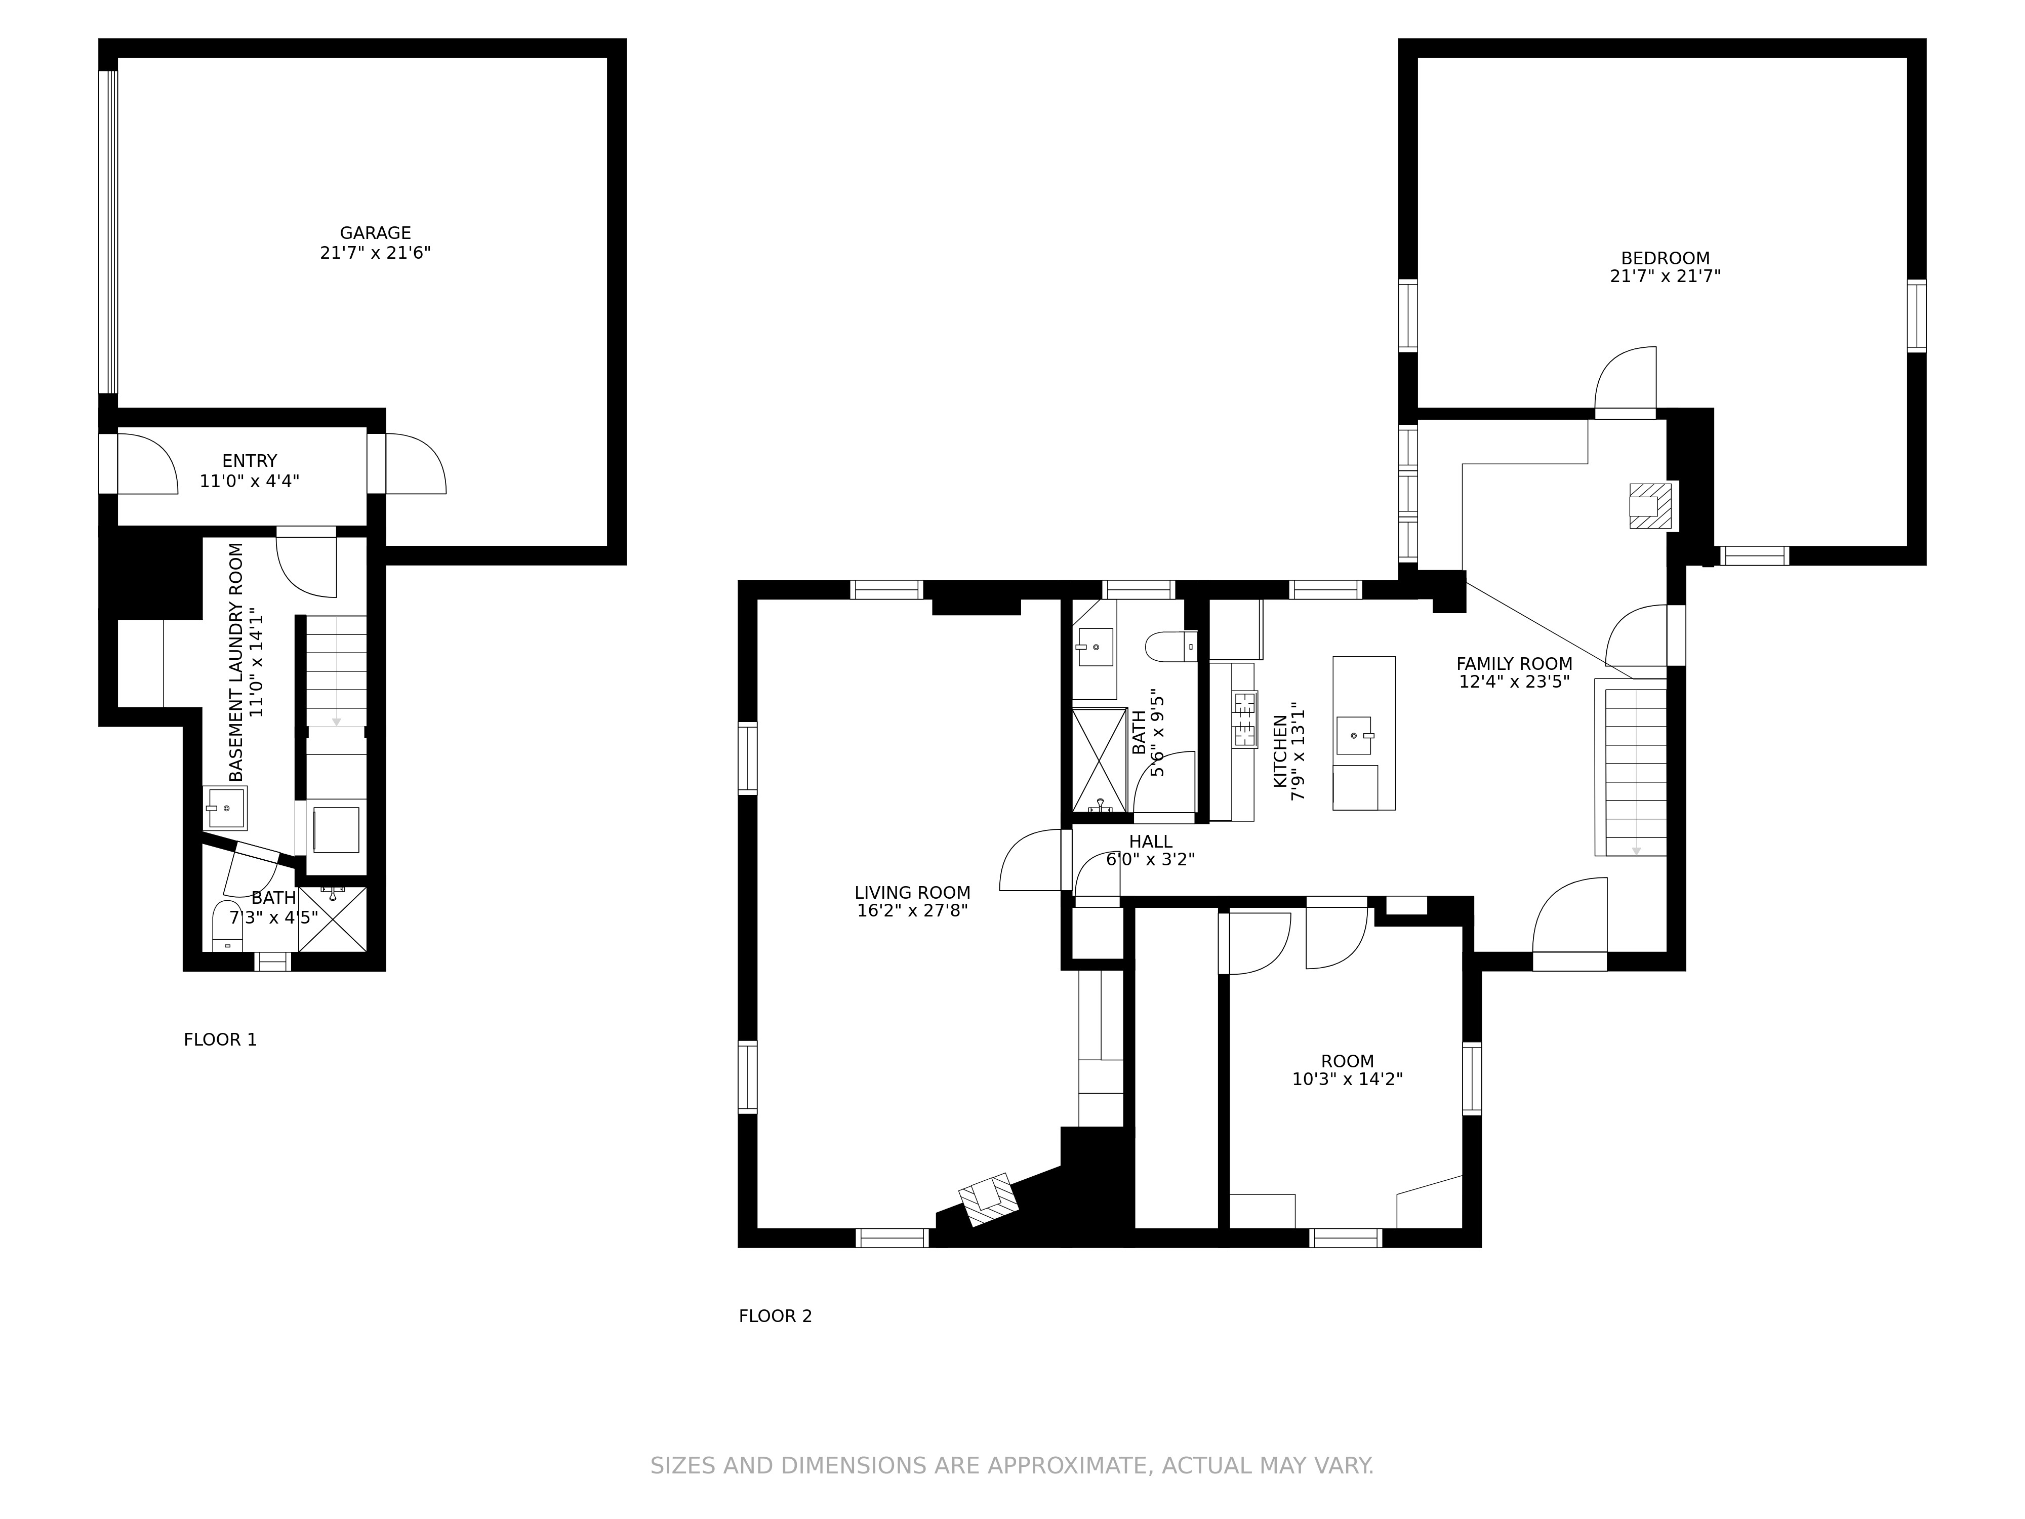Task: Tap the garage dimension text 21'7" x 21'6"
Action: [x=375, y=253]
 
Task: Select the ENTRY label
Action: [x=249, y=461]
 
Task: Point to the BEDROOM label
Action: [x=1665, y=258]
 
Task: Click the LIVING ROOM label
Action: [x=913, y=893]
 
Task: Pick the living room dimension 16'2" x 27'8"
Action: [x=913, y=911]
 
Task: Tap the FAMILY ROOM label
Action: [x=1514, y=664]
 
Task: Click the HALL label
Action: [x=1151, y=842]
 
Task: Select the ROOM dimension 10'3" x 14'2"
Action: [x=1348, y=1080]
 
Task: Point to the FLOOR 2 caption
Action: [x=776, y=1316]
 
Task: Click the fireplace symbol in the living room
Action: [x=989, y=1200]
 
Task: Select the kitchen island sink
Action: [x=1355, y=735]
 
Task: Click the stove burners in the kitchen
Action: [x=1245, y=719]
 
